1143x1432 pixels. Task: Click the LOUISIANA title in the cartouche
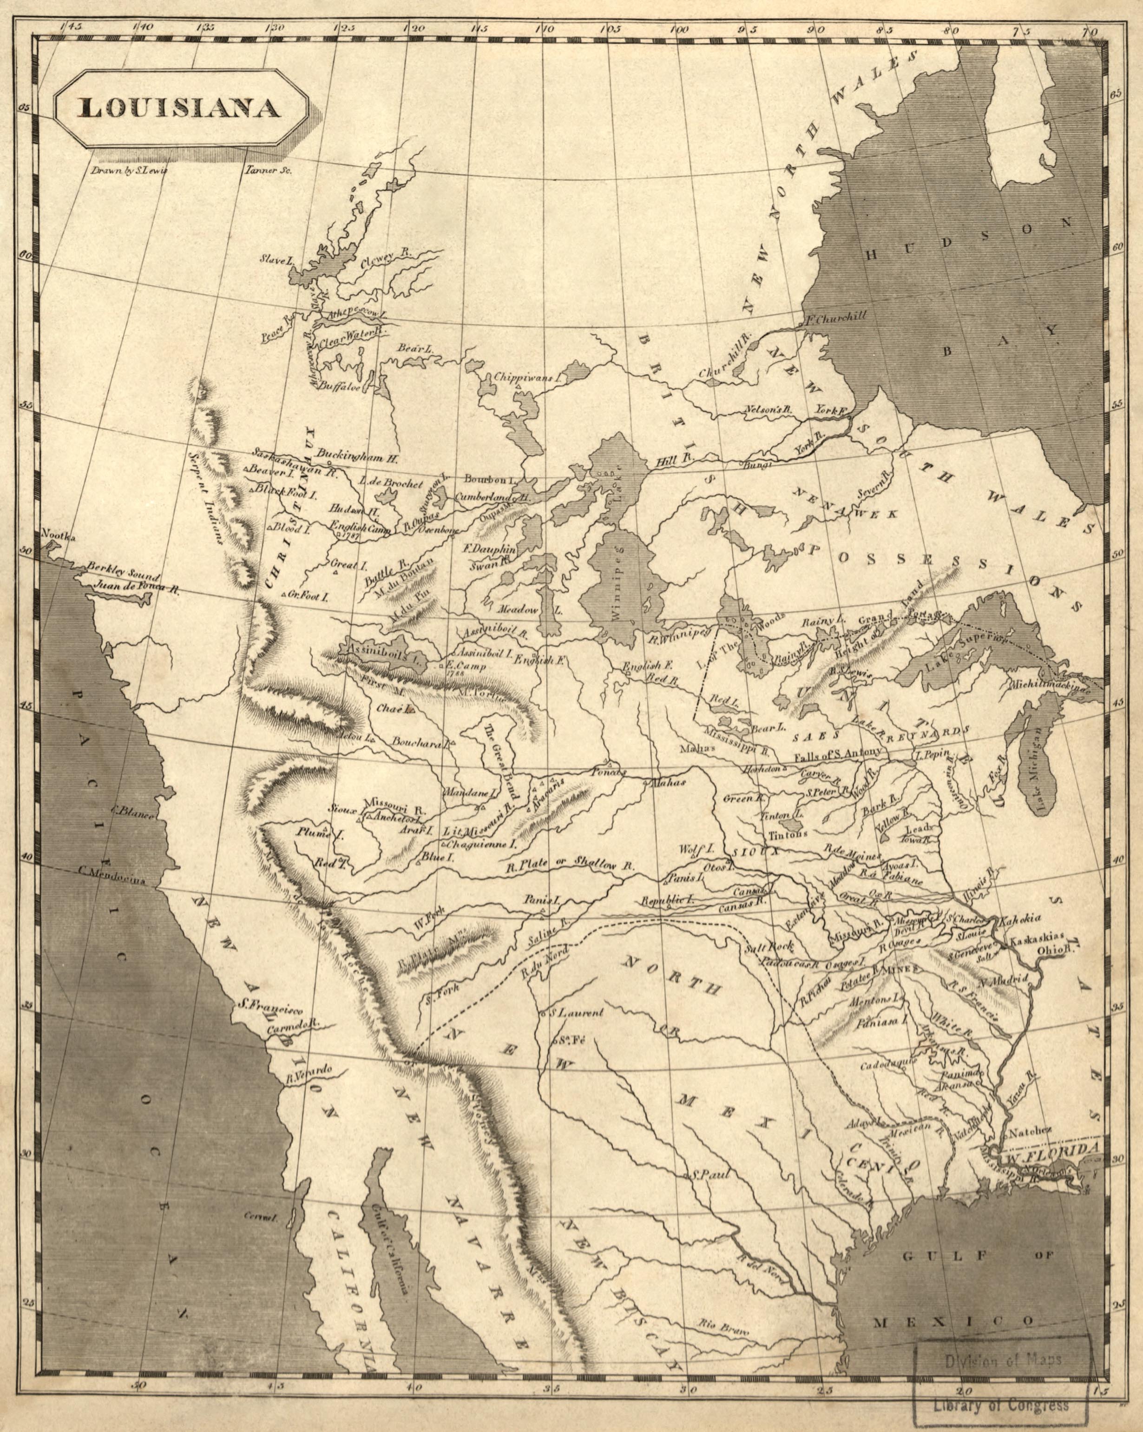[179, 109]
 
